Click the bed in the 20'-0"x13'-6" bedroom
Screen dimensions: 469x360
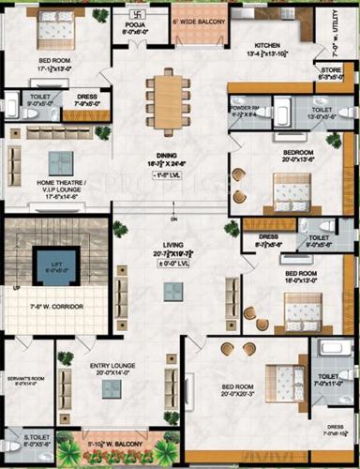pos(286,191)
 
